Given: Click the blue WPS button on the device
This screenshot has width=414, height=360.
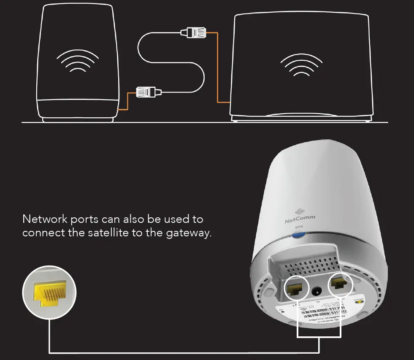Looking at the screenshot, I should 299,235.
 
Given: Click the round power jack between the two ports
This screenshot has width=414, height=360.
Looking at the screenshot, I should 317,291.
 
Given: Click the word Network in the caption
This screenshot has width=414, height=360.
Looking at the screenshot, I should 44,219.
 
